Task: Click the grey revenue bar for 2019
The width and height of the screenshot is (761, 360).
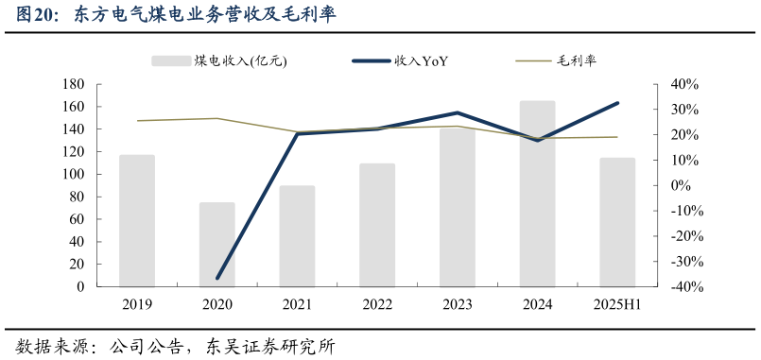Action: click(137, 221)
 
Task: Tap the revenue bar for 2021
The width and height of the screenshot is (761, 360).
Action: click(297, 236)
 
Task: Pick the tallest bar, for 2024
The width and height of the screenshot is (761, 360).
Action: click(537, 194)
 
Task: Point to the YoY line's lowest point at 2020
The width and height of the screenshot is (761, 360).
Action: click(217, 278)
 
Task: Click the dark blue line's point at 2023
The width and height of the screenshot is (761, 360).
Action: click(458, 112)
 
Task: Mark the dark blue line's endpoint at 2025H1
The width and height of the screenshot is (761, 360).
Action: click(617, 103)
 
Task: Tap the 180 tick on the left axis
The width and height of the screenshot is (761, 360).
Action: click(74, 84)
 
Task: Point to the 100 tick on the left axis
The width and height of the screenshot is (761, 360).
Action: click(74, 175)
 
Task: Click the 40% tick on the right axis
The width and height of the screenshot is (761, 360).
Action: click(683, 84)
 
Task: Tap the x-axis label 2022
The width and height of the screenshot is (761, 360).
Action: click(377, 304)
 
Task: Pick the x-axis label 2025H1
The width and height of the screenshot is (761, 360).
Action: click(617, 304)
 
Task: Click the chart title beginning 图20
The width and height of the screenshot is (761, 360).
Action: click(176, 15)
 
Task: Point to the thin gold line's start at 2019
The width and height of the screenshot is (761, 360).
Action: click(137, 121)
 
